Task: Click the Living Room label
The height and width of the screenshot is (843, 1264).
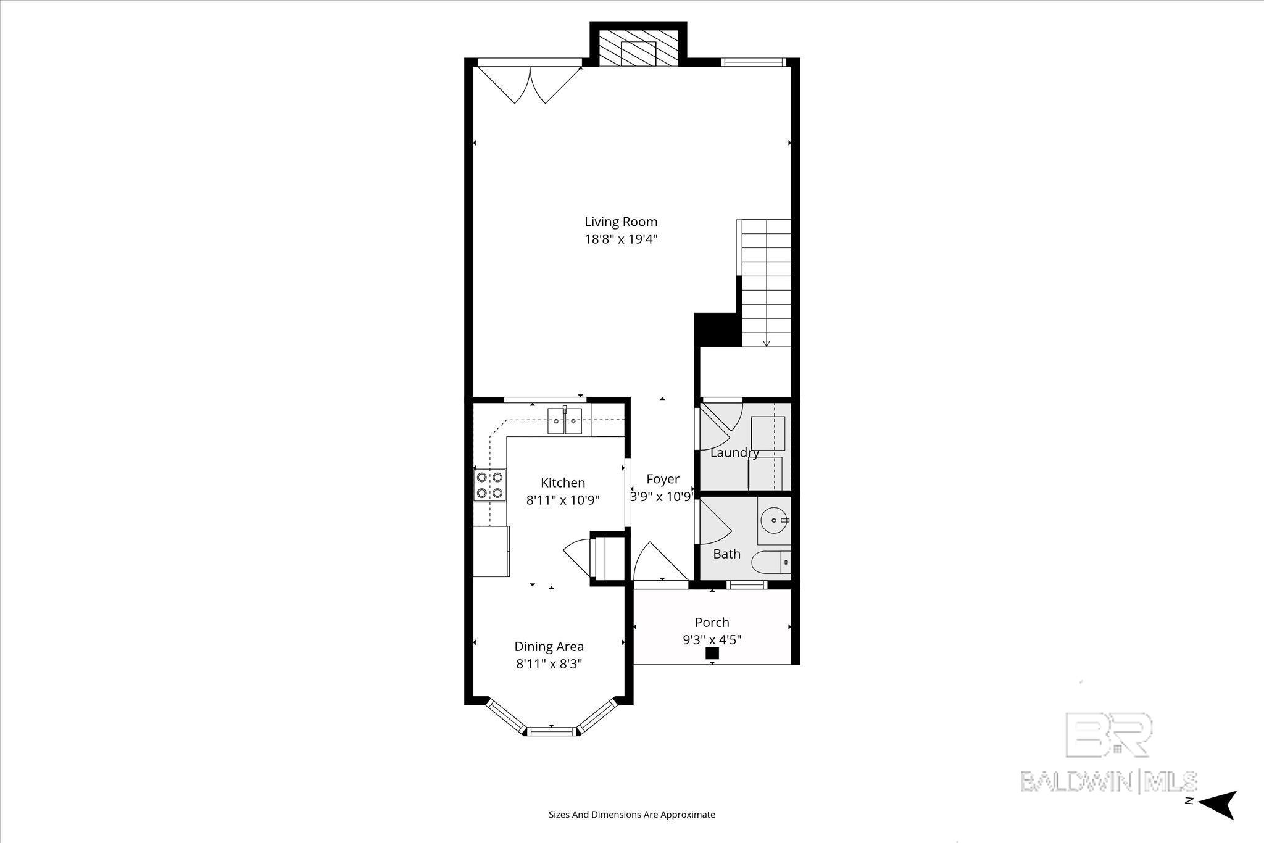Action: click(x=621, y=222)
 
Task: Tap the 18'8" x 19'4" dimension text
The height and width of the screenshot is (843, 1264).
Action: click(x=621, y=239)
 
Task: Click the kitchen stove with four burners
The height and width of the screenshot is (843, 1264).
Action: click(x=489, y=484)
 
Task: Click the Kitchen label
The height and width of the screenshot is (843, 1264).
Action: click(x=563, y=483)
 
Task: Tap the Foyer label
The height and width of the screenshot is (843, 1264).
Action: click(x=663, y=479)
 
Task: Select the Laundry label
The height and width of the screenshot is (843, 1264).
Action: click(x=734, y=452)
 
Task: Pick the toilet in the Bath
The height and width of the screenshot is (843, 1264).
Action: click(x=770, y=562)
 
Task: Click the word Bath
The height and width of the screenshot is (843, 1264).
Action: click(x=726, y=554)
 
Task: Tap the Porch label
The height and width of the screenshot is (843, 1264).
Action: click(x=712, y=622)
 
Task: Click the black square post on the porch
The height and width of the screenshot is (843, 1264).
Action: click(x=712, y=653)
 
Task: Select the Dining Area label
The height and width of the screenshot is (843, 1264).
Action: click(x=549, y=646)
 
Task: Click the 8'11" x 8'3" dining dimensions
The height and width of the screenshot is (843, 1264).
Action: click(x=549, y=664)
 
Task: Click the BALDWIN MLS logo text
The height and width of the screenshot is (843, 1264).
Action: click(x=1108, y=781)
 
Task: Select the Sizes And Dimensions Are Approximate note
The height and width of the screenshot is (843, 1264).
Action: click(x=631, y=815)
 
